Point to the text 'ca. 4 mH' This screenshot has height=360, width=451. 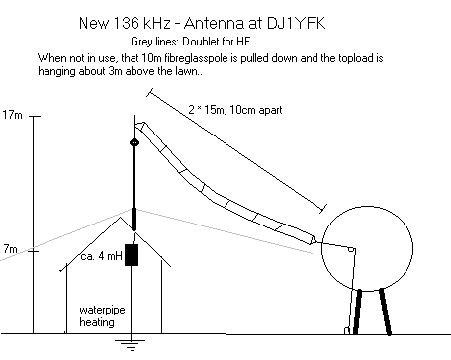click(96, 259)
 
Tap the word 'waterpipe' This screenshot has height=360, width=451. click(101, 309)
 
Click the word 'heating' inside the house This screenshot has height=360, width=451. click(98, 322)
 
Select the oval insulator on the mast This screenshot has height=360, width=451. click(135, 144)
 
